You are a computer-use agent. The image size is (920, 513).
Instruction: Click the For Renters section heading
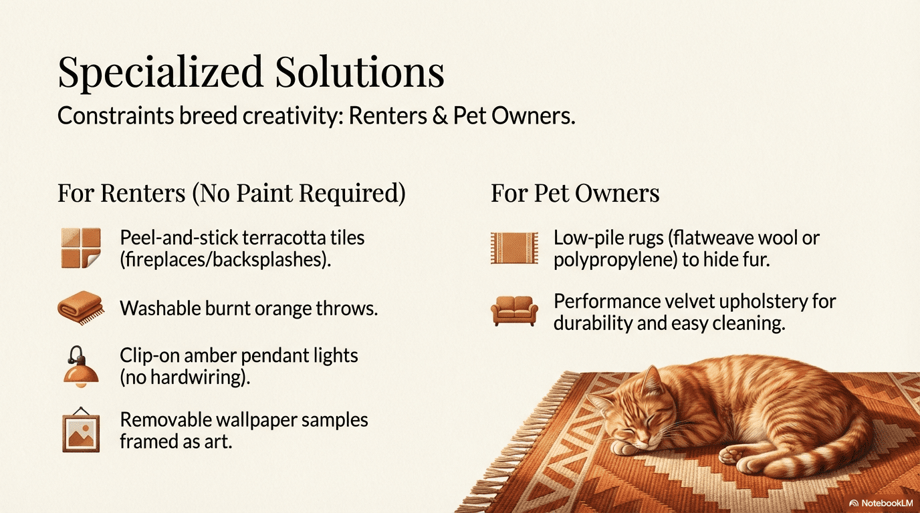231,193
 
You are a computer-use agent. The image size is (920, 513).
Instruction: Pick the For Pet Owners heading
575,193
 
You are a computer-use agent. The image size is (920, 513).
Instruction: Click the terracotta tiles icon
80,248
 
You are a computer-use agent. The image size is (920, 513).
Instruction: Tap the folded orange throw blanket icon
80,309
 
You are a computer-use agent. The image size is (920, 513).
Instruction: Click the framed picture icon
80,429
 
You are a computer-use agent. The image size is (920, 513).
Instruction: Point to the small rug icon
514,248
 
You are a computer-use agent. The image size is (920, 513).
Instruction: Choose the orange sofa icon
514,311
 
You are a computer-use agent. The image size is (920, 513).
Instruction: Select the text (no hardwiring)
185,377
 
